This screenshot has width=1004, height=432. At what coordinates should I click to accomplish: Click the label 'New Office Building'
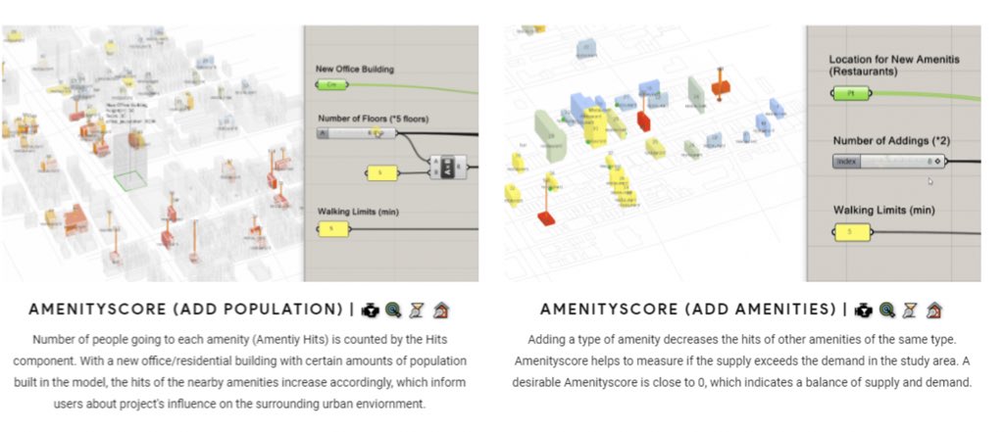pyautogui.click(x=355, y=69)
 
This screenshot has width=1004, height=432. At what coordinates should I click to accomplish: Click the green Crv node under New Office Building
pyautogui.click(x=334, y=86)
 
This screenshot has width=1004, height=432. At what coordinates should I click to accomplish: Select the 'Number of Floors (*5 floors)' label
pyautogui.click(x=373, y=119)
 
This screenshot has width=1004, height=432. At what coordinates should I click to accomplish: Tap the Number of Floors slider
pyautogui.click(x=357, y=133)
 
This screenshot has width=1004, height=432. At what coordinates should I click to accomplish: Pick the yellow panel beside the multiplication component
pyautogui.click(x=382, y=173)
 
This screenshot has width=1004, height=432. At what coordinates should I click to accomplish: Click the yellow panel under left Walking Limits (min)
pyautogui.click(x=333, y=229)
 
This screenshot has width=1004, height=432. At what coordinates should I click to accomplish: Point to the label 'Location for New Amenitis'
pyautogui.click(x=893, y=60)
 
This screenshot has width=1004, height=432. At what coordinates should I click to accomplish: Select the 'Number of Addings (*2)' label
pyautogui.click(x=890, y=141)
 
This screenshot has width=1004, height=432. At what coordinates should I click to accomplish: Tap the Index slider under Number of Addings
pyautogui.click(x=888, y=162)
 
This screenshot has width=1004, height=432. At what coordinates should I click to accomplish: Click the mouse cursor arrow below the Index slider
pyautogui.click(x=929, y=180)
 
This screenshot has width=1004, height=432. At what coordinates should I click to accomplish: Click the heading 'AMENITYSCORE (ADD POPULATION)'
pyautogui.click(x=185, y=310)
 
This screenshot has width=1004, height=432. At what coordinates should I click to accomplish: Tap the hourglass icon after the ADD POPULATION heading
pyautogui.click(x=416, y=310)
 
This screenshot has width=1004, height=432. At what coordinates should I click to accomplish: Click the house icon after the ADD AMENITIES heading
pyautogui.click(x=933, y=310)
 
